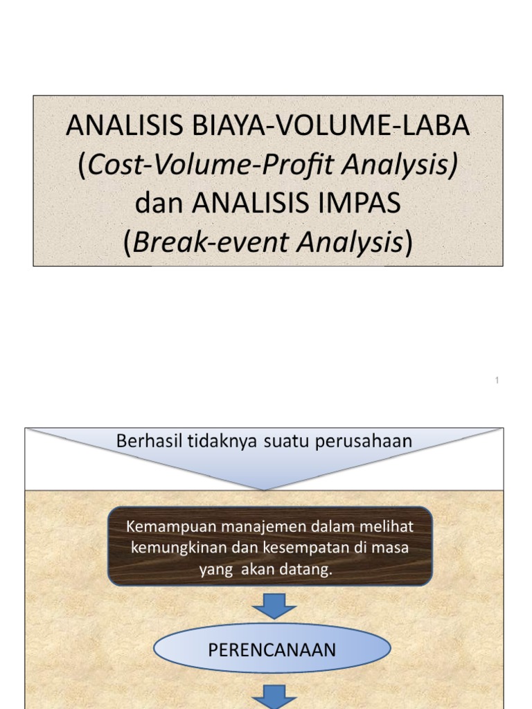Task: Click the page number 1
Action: pyautogui.click(x=497, y=380)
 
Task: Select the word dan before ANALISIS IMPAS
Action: pyautogui.click(x=159, y=204)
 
